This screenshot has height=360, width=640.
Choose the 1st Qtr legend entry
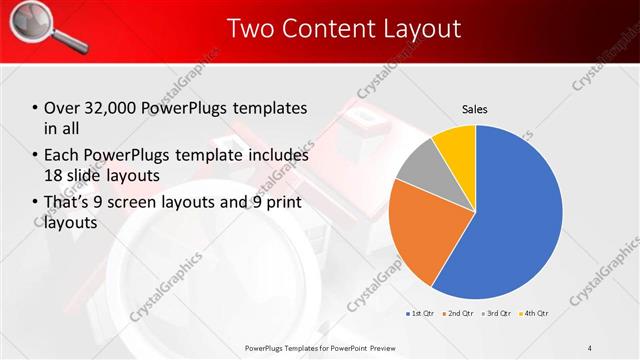pyautogui.click(x=420, y=313)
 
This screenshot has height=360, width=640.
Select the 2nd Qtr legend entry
pyautogui.click(x=459, y=313)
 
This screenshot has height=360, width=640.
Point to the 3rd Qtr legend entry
pyautogui.click(x=497, y=313)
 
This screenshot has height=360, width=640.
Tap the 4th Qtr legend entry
pyautogui.click(x=535, y=313)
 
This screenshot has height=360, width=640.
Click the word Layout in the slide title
pyautogui.click(x=418, y=28)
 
